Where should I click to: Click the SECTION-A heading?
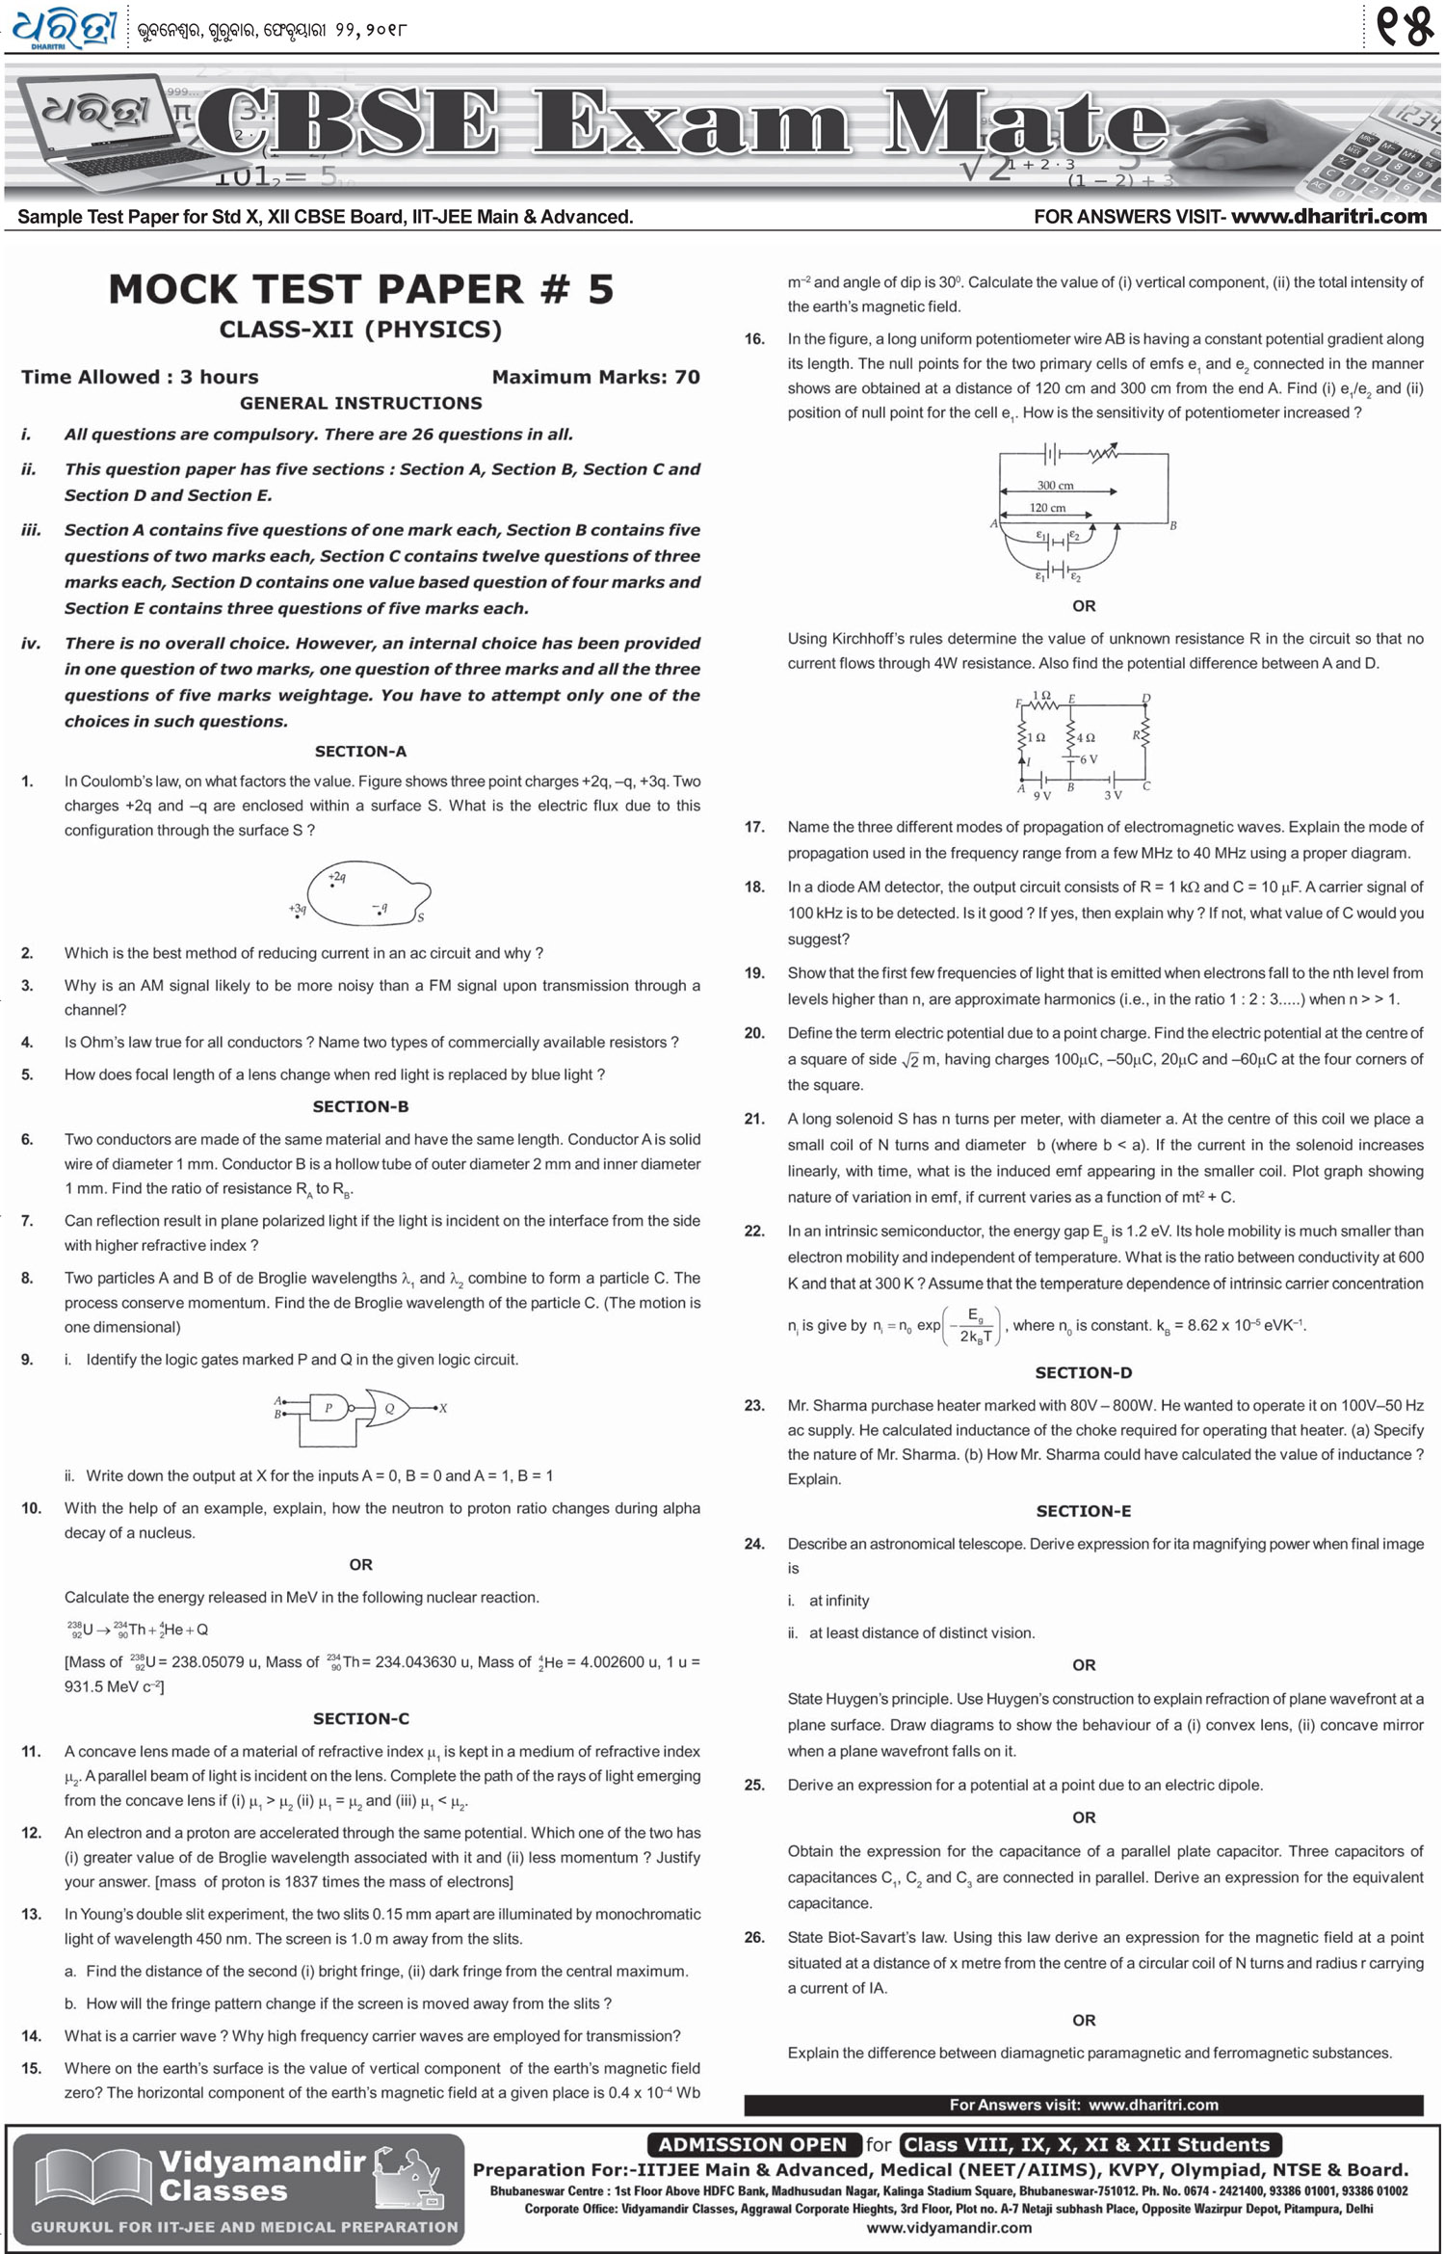[360, 752]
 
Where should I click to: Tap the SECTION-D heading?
[1083, 1372]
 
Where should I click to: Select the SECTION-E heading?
[1083, 1511]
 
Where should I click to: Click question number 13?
[31, 1914]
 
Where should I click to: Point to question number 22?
[754, 1231]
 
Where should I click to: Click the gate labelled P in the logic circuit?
[328, 1408]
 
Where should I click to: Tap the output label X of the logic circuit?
[443, 1408]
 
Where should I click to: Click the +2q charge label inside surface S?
[337, 877]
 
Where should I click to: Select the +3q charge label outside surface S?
[297, 909]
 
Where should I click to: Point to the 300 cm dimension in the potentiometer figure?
[1055, 486]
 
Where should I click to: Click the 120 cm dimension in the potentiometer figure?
[1047, 508]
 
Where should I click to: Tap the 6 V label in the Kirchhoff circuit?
[1088, 759]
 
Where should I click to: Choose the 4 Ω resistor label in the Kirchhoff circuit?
[1086, 737]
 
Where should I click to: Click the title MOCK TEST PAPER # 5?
[360, 289]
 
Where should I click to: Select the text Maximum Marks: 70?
[595, 377]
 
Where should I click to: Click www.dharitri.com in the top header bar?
[1328, 217]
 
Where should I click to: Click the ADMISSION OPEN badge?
[751, 2144]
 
